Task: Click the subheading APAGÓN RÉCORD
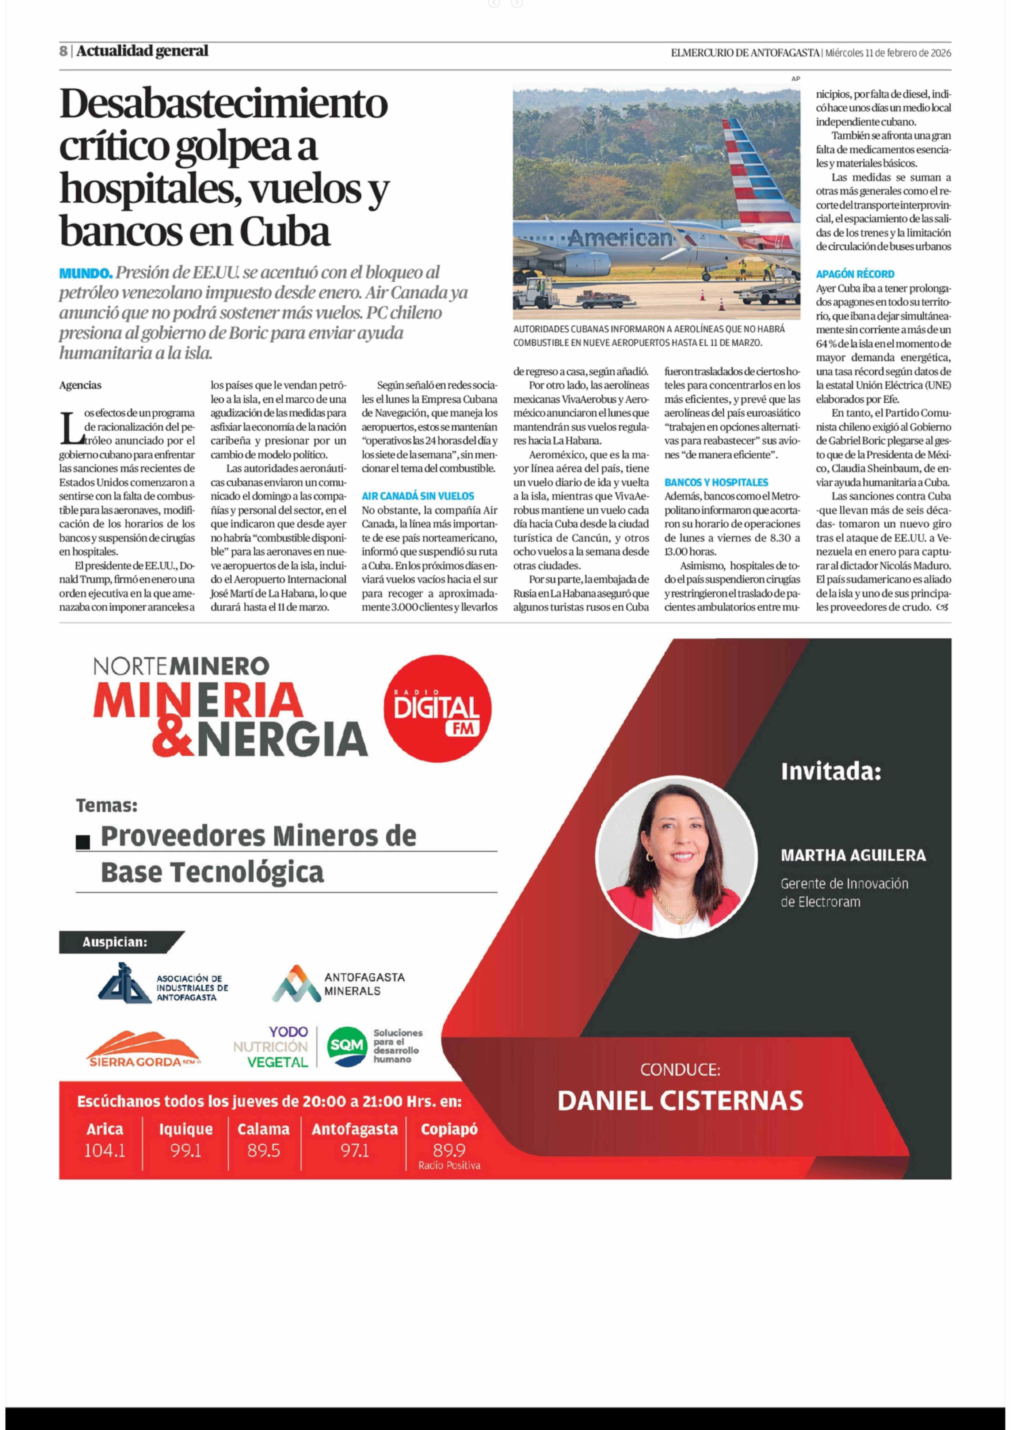(x=855, y=274)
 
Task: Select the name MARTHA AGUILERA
(x=853, y=855)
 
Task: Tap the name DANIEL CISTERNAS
(x=680, y=1101)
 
